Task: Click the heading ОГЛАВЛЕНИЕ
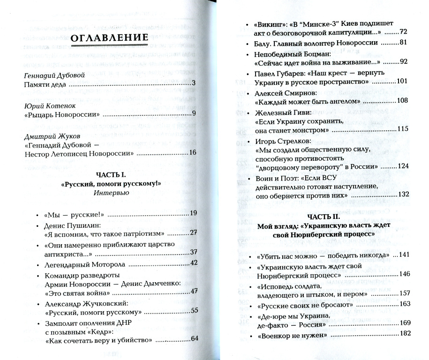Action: click(109, 38)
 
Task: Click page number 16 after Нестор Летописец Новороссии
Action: click(192, 152)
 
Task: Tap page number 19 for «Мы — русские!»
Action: click(193, 214)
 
